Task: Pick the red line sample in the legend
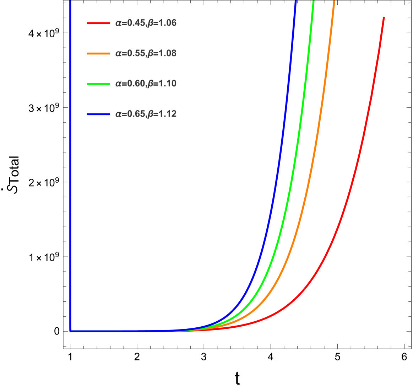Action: (98, 23)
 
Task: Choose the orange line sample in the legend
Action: (98, 54)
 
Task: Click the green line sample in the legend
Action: (98, 84)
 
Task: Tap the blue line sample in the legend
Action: (98, 114)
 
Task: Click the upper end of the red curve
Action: (384, 17)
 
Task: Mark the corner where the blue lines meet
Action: (71, 331)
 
